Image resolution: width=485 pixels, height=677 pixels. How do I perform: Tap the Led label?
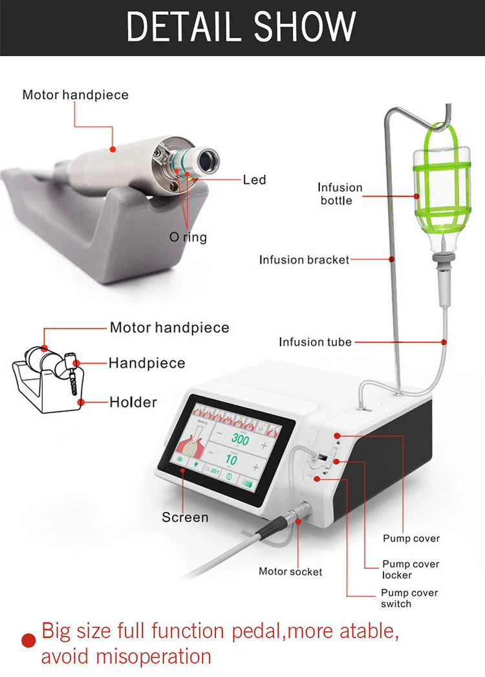[x=254, y=179]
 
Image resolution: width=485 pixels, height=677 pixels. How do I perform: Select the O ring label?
[x=188, y=237]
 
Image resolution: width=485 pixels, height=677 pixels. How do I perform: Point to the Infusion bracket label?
[x=304, y=260]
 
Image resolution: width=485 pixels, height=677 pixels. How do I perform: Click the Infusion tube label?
[x=315, y=341]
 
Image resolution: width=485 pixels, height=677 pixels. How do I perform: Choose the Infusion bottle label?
[x=339, y=194]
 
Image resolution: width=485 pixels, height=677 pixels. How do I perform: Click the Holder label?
[x=133, y=402]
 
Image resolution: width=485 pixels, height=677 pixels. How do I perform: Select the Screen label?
[x=185, y=517]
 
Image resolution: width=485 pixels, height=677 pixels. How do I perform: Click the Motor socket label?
[x=290, y=571]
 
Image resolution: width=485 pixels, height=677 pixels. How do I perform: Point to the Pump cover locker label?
[x=410, y=570]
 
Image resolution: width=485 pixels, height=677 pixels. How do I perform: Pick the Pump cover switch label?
[x=409, y=598]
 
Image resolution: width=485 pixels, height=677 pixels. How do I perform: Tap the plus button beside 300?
[x=264, y=446]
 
